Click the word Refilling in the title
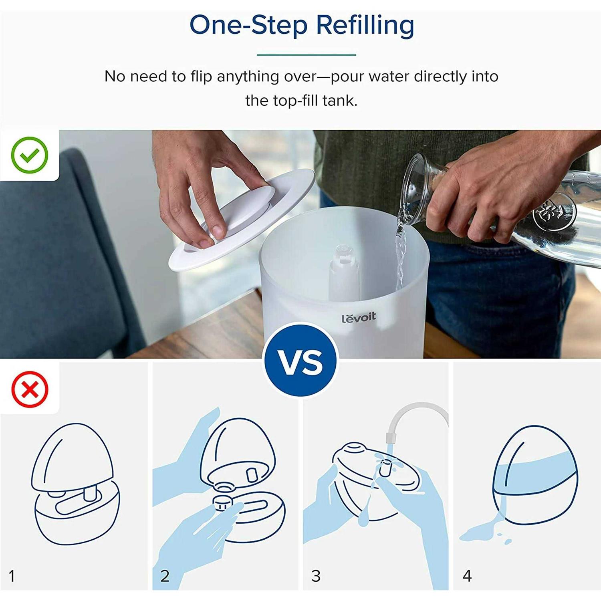(365, 25)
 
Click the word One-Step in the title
(248, 25)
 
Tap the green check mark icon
(30, 155)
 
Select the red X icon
(30, 389)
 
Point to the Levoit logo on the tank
(359, 318)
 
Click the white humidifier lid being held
(244, 218)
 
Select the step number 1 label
(12, 576)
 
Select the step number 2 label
(165, 576)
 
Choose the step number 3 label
(316, 576)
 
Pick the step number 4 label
(467, 576)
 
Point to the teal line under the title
(306, 54)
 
